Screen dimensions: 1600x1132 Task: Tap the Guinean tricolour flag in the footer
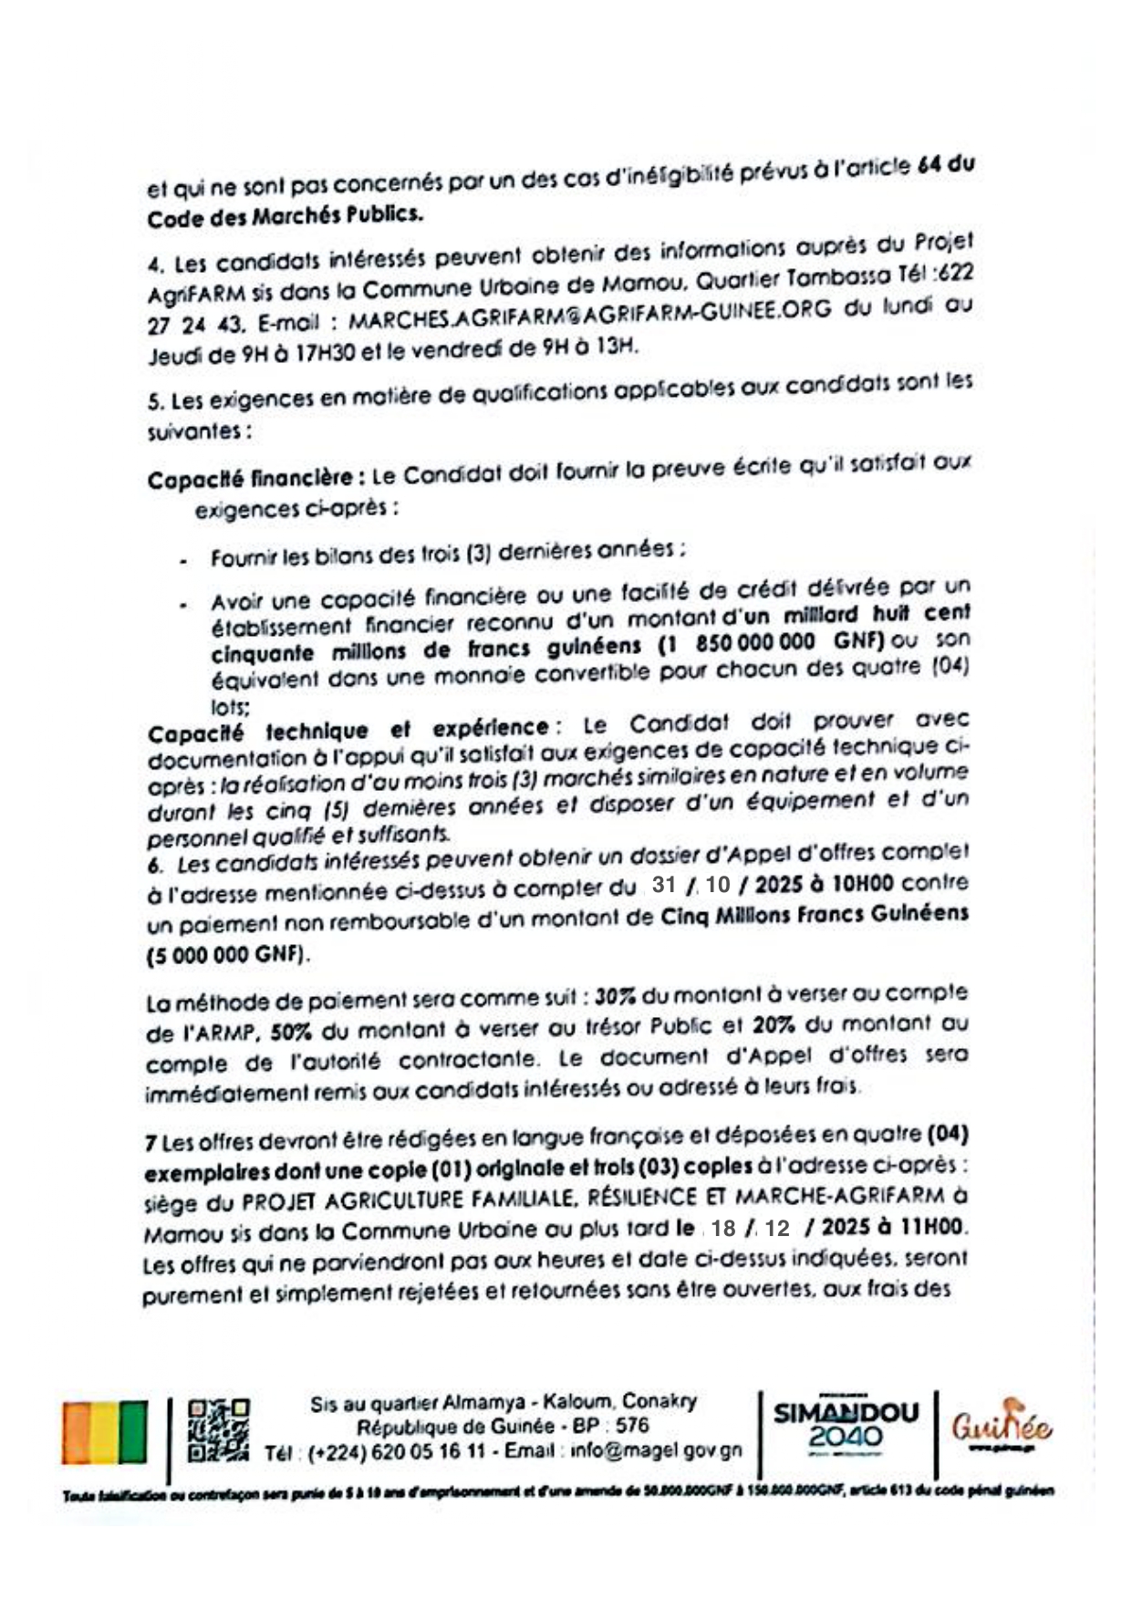pyautogui.click(x=105, y=1432)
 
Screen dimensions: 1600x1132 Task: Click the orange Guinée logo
pyautogui.click(x=1002, y=1426)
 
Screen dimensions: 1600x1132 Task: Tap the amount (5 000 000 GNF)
pyautogui.click(x=228, y=955)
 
